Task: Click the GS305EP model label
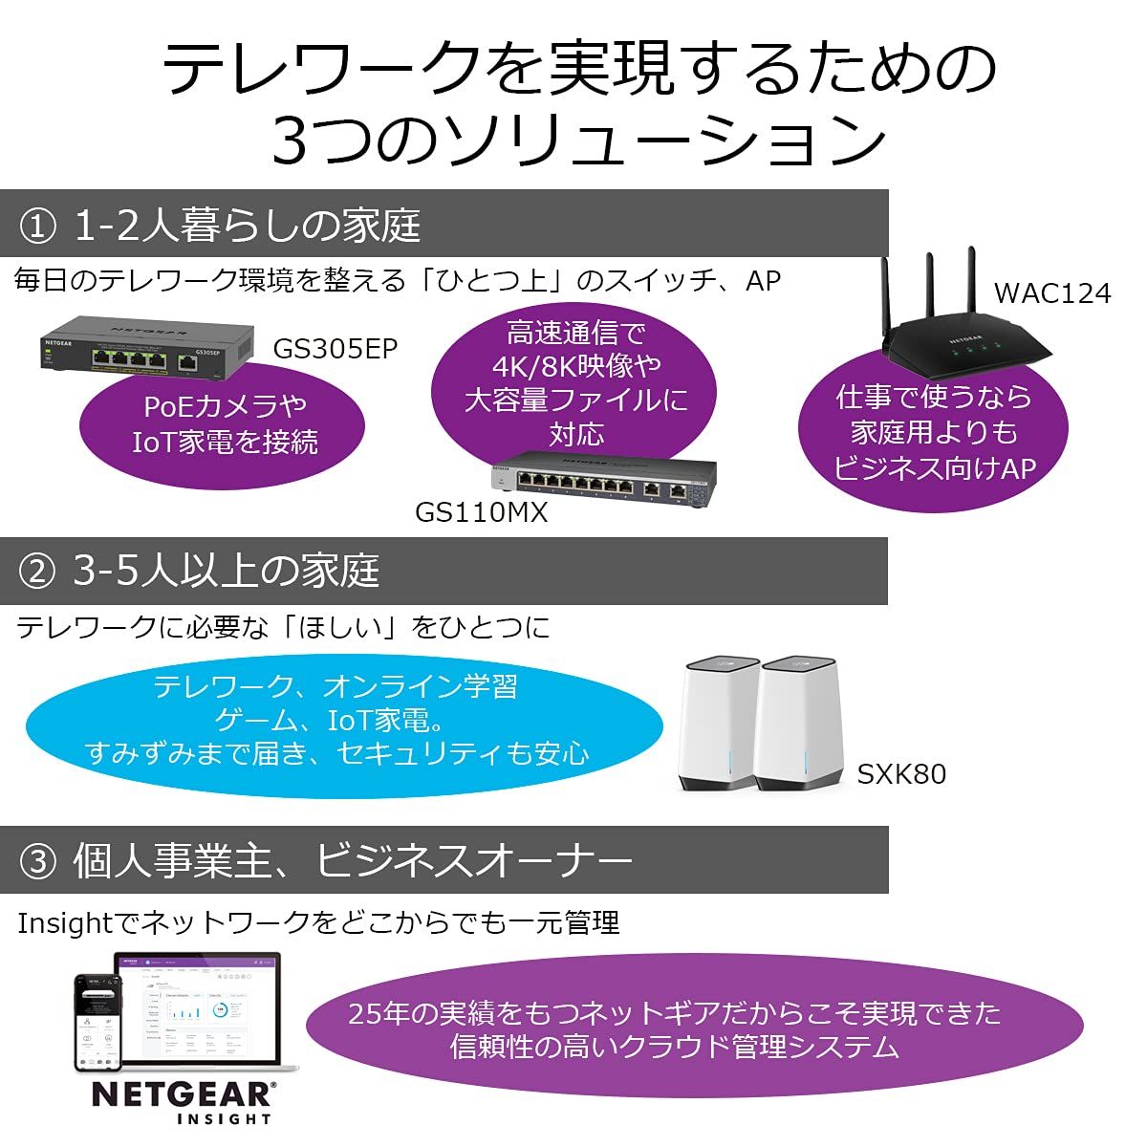point(335,348)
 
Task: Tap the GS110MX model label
point(481,512)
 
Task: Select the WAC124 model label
point(1052,292)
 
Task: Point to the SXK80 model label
point(900,773)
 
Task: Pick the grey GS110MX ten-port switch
point(602,478)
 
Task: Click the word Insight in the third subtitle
point(65,922)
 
